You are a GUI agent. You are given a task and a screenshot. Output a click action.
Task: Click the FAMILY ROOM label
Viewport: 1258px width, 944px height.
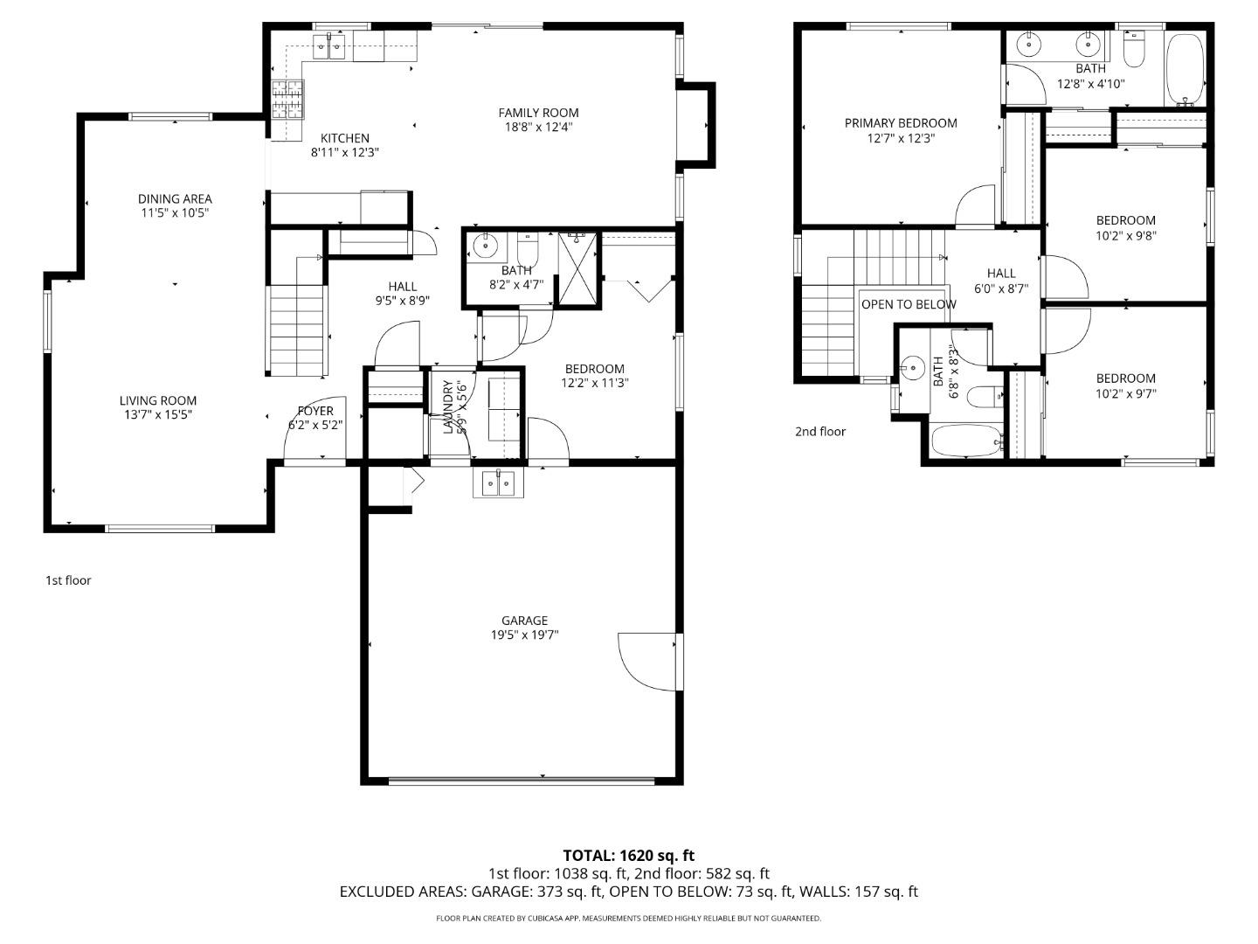(538, 113)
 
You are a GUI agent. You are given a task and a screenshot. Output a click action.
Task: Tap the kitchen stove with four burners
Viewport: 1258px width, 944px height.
(288, 99)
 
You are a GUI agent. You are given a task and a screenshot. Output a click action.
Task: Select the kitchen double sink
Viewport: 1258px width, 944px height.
(330, 46)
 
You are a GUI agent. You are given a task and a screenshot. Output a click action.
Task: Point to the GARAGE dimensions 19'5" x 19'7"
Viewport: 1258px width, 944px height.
(524, 635)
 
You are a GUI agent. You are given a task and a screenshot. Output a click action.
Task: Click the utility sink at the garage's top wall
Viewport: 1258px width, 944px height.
(498, 482)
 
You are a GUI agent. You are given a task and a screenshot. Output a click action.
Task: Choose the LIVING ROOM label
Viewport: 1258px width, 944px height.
(158, 401)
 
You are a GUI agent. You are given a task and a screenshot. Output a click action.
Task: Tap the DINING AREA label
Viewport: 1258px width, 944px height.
(175, 199)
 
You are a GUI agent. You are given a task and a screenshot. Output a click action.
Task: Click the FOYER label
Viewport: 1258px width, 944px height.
(314, 411)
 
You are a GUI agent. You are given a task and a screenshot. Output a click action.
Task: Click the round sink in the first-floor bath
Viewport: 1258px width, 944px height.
(483, 245)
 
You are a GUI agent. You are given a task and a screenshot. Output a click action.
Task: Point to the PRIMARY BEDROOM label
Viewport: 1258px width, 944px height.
(901, 123)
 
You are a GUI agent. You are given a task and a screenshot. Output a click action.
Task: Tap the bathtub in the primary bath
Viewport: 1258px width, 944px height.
(1185, 69)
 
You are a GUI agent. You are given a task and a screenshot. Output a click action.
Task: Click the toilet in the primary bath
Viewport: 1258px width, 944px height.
(1134, 51)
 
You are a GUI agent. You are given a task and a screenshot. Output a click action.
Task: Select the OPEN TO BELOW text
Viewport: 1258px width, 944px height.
(909, 305)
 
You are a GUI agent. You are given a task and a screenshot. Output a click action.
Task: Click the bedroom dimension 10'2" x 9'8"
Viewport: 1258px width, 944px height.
(1126, 235)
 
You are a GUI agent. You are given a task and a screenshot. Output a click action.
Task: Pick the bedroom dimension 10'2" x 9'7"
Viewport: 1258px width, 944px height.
(1126, 393)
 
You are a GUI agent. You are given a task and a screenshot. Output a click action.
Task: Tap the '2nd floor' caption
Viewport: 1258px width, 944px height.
(820, 431)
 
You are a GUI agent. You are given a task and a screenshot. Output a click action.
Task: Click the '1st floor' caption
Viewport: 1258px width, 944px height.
(68, 580)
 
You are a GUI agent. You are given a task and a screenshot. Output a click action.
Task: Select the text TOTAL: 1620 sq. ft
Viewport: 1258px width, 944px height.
(628, 856)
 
